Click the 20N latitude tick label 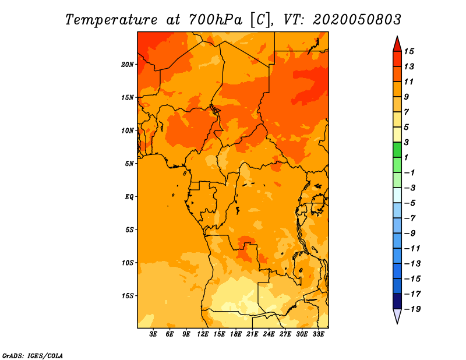coord(128,65)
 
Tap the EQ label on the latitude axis coord(129,197)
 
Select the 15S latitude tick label coord(128,296)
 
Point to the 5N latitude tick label coord(129,164)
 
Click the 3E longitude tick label coord(153,334)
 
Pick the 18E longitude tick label coord(236,334)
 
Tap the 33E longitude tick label coord(318,334)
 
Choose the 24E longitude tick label coord(269,334)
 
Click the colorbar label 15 coord(409,51)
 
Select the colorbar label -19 coord(412,309)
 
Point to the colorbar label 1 coord(406,157)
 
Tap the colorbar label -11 coord(412,249)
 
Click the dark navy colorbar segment coord(397,301)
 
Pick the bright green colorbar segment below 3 coord(397,150)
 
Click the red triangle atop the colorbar coord(397,44)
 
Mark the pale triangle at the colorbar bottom coord(397,316)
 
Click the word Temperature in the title coord(111,20)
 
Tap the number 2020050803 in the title coord(357,20)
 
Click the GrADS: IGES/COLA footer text coord(33,356)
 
